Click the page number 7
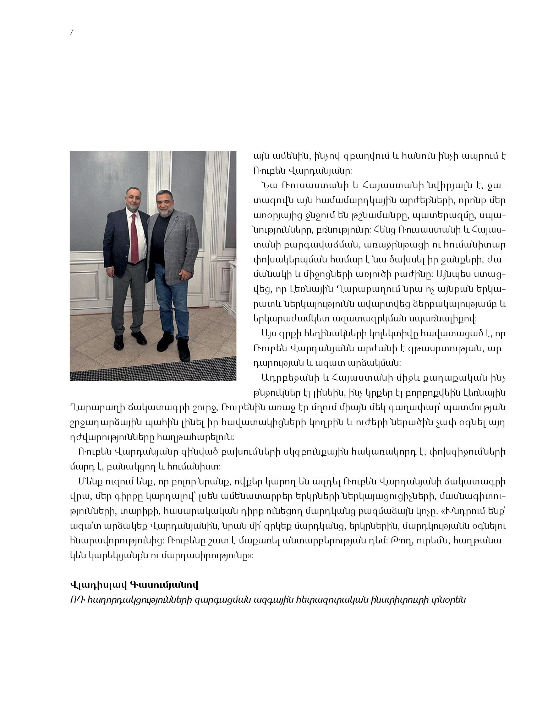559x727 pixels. coord(72,32)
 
